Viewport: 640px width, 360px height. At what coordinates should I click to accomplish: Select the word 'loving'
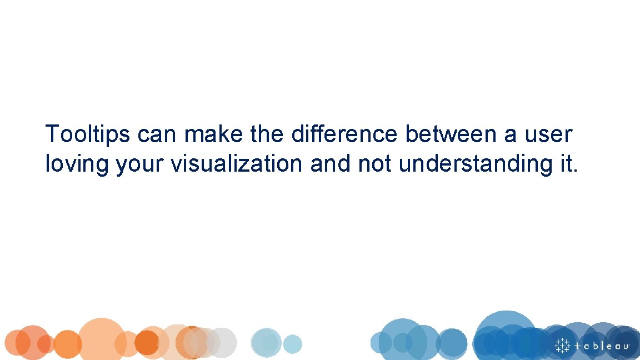coord(77,164)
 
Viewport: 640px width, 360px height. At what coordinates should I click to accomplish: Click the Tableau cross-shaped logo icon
coord(562,345)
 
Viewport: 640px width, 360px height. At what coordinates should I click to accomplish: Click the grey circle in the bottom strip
coord(223,342)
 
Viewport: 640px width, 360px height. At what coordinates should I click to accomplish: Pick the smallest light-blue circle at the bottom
coord(292,344)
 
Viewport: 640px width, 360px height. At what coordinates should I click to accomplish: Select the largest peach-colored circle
coord(102,338)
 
